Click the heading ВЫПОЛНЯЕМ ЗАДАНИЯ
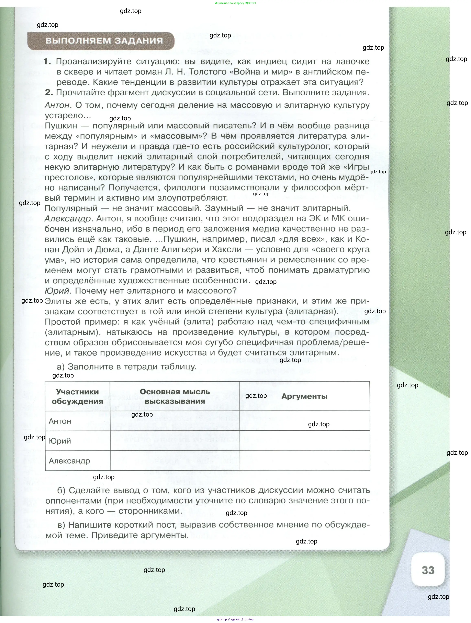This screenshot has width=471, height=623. click(x=104, y=41)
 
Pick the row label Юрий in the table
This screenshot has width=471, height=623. click(x=60, y=441)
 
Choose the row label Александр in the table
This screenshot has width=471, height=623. click(x=69, y=461)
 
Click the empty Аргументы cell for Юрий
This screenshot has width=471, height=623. click(x=305, y=441)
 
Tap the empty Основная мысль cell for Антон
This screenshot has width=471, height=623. click(x=175, y=421)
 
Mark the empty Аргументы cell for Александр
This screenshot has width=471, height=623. click(x=305, y=460)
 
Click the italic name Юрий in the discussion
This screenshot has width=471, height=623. click(x=57, y=291)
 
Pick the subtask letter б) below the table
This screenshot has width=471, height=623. click(x=61, y=490)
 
